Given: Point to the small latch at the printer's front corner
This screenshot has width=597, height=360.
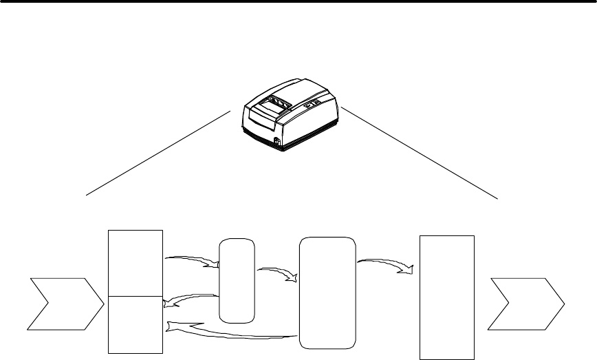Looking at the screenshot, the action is click(x=276, y=142).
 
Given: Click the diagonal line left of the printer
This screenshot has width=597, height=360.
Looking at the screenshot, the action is click(x=158, y=151).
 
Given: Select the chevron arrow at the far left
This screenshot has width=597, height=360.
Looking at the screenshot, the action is click(x=62, y=302).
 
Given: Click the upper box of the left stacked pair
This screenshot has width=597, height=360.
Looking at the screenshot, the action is click(x=136, y=263).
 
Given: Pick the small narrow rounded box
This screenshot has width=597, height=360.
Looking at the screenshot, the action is click(x=236, y=280).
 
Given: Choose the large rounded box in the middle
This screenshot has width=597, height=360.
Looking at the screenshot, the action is click(x=328, y=293).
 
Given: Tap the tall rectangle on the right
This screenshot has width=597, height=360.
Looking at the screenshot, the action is click(x=447, y=297).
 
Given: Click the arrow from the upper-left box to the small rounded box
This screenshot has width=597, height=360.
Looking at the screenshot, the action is click(x=193, y=260).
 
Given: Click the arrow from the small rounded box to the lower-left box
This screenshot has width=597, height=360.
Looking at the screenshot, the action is click(x=190, y=299).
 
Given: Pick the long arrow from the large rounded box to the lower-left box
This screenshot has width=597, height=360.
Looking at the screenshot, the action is click(x=234, y=333).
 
